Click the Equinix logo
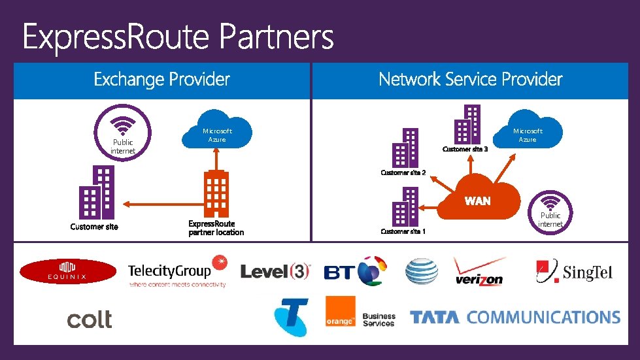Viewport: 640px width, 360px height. coord(68,271)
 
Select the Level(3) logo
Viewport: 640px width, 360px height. coord(275,271)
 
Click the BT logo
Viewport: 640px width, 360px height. coord(356,271)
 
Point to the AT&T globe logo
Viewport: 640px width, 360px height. coord(422,272)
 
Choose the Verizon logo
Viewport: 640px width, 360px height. coord(480,272)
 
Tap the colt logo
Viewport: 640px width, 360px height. coord(90,319)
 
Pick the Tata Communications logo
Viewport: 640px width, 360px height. coord(514,318)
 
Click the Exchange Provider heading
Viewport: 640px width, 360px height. coord(161,80)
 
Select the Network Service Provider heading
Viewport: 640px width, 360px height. coord(470,80)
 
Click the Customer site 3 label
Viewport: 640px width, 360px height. coord(465,150)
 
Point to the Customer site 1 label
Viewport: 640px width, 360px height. coord(403,231)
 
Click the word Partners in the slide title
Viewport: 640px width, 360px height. coord(277,37)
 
